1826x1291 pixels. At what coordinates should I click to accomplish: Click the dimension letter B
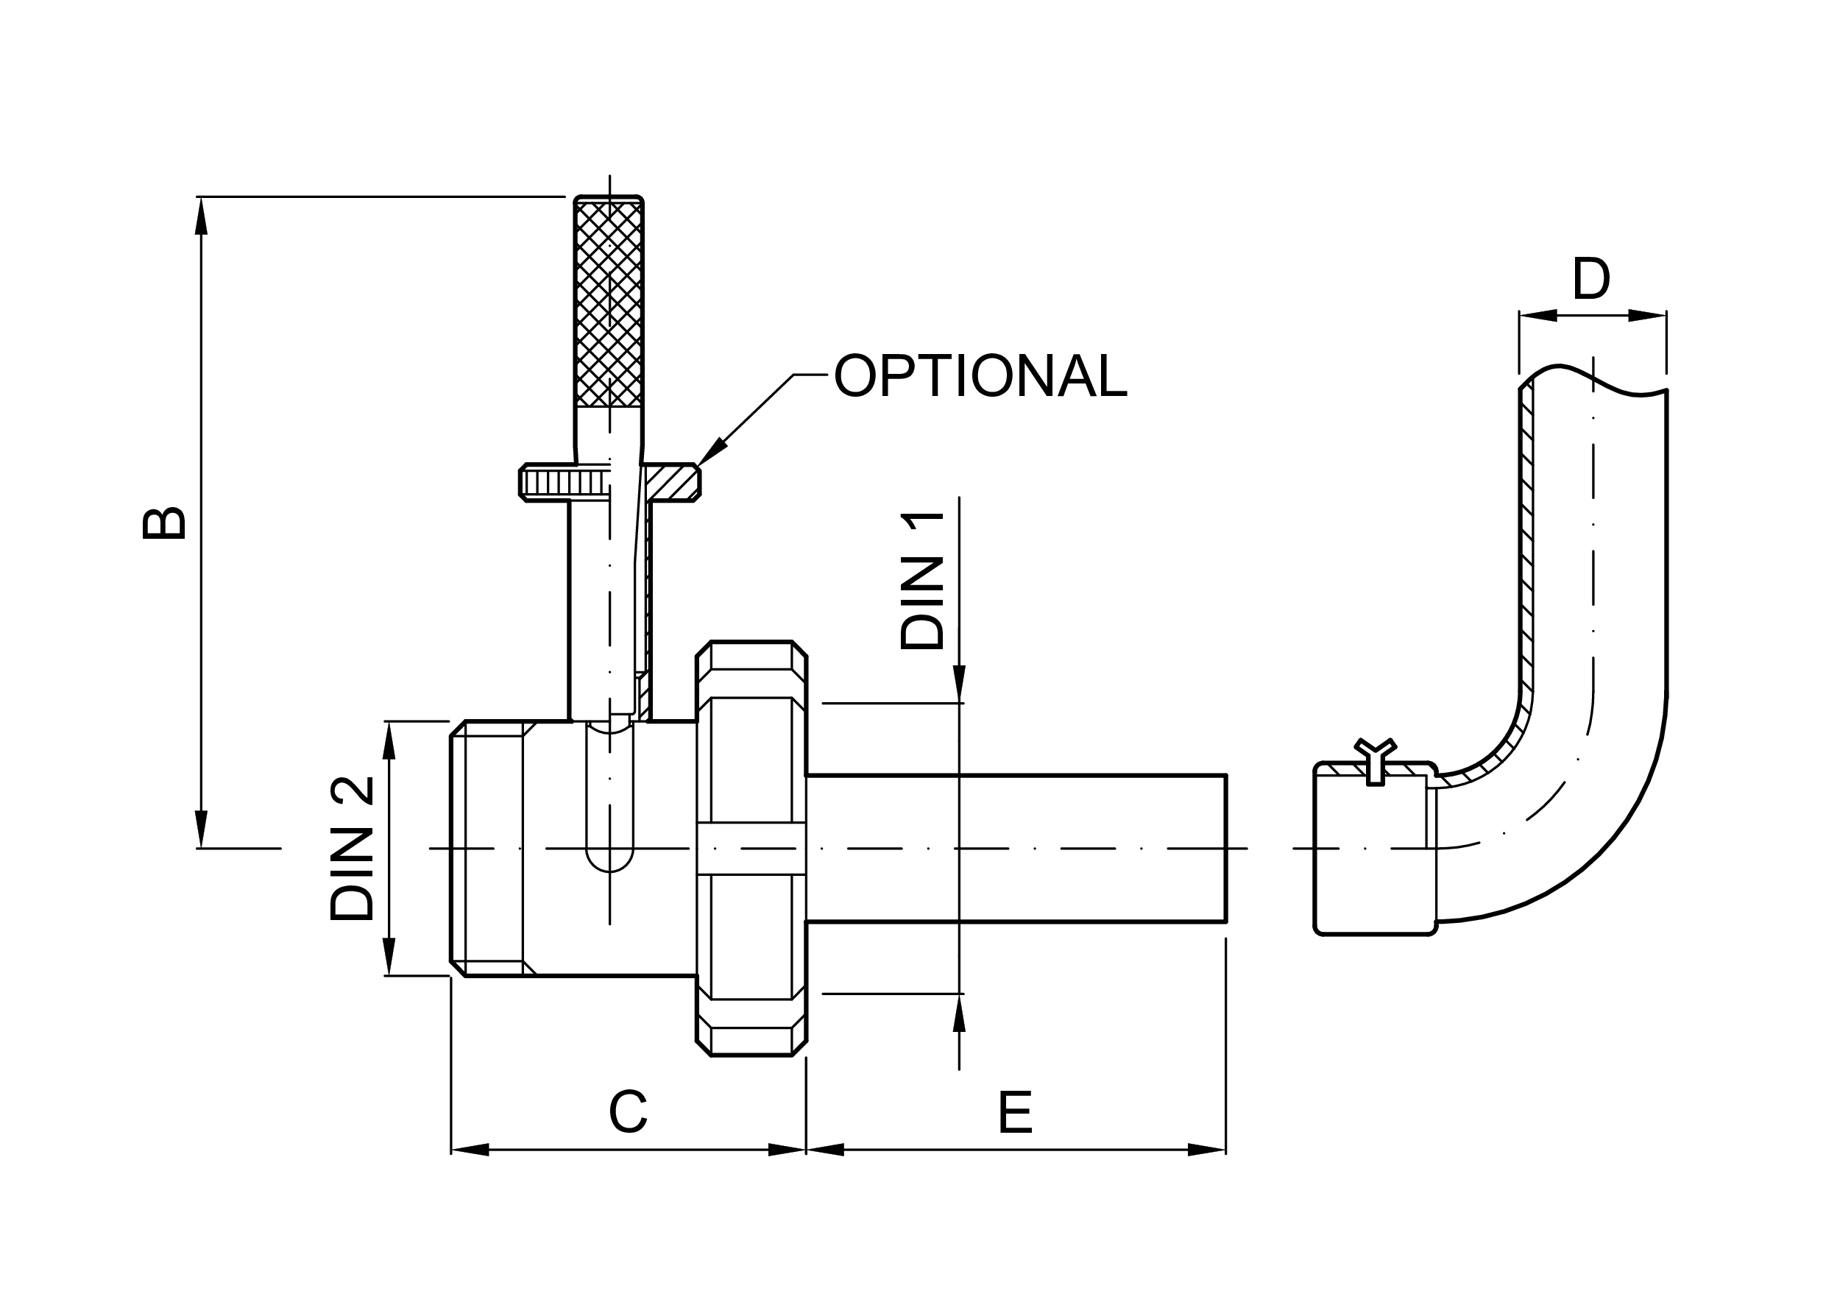click(164, 523)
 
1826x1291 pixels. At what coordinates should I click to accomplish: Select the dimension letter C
click(629, 1112)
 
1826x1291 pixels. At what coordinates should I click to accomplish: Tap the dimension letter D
click(1591, 278)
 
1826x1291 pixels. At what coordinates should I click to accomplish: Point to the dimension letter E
click(1015, 1112)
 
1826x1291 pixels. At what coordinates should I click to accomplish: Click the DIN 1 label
click(922, 581)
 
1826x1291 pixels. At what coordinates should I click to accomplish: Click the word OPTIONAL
click(980, 375)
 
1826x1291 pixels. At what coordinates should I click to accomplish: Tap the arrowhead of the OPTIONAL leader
click(711, 451)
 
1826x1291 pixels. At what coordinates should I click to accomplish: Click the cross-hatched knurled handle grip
click(609, 304)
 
